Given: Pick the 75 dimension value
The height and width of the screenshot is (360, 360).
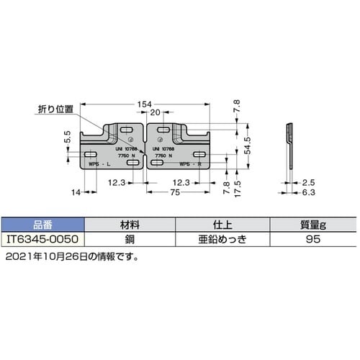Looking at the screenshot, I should (x=175, y=194).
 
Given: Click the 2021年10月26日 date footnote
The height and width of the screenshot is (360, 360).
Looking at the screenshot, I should (x=71, y=255).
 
